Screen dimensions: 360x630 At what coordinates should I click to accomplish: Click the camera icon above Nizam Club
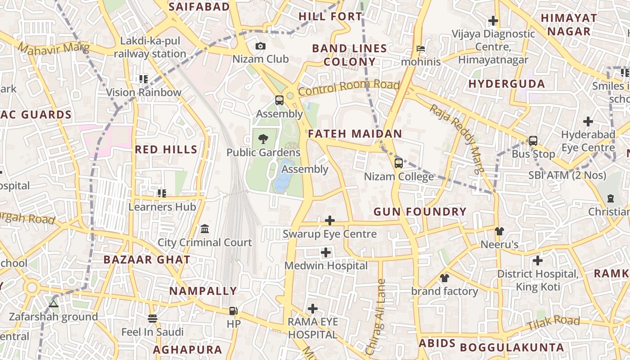coord(260,46)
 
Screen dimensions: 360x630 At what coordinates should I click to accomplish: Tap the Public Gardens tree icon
coord(263,139)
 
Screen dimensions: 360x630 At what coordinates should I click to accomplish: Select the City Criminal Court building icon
coord(205,229)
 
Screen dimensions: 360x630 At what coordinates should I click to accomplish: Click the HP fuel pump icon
coord(233,310)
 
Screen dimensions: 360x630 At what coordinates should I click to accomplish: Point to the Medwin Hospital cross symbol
coord(326,252)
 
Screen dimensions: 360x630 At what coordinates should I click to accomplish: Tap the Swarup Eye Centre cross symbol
coord(330,220)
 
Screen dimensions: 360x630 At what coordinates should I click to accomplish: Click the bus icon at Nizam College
coord(398,163)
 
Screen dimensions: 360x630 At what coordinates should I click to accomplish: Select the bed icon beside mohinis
coord(420,48)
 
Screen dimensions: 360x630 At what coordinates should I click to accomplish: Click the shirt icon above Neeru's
coord(499,231)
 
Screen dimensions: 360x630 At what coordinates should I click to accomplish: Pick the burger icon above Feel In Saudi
coord(153,319)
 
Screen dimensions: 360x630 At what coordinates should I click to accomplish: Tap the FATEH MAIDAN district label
coord(355,134)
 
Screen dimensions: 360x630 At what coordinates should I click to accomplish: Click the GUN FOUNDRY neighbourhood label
coord(420,211)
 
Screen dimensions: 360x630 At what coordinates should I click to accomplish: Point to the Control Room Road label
coord(349,88)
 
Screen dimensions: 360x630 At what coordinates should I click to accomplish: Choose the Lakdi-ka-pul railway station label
coord(150,47)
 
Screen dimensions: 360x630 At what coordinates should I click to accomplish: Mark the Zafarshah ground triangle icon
coord(54,304)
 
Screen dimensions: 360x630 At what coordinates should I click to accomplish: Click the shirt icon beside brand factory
coord(445,278)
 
